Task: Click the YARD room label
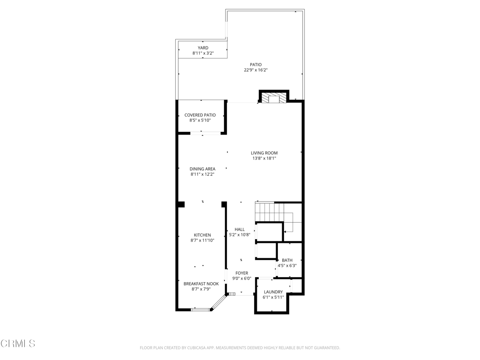pyautogui.click(x=203, y=48)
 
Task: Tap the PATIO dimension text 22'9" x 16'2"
pyautogui.click(x=255, y=70)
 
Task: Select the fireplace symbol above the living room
pyautogui.click(x=273, y=98)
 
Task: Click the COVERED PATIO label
pyautogui.click(x=200, y=115)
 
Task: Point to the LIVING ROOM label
pyautogui.click(x=264, y=153)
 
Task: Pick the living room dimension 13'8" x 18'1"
pyautogui.click(x=264, y=158)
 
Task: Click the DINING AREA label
pyautogui.click(x=202, y=169)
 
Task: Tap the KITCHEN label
pyautogui.click(x=202, y=235)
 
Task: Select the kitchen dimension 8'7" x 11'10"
pyautogui.click(x=202, y=240)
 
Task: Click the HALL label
pyautogui.click(x=240, y=229)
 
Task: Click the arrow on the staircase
pyautogui.click(x=286, y=231)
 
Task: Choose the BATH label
pyautogui.click(x=287, y=260)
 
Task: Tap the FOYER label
pyautogui.click(x=242, y=273)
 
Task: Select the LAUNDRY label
pyautogui.click(x=273, y=292)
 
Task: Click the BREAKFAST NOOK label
pyautogui.click(x=201, y=284)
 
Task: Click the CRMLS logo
pyautogui.click(x=18, y=344)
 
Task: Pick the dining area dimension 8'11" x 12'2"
pyautogui.click(x=202, y=174)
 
